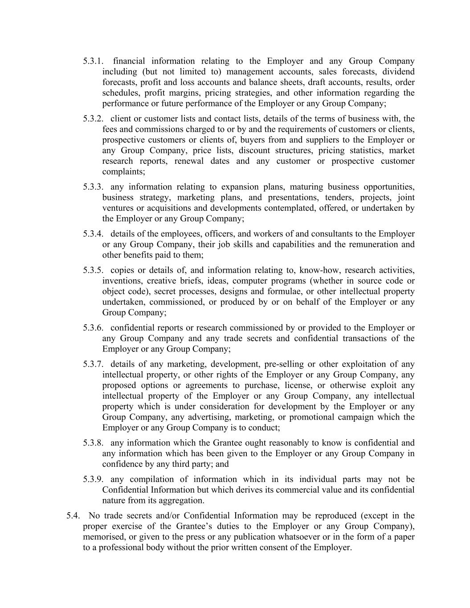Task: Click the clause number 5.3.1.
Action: tap(93, 61)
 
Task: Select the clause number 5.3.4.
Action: tap(93, 234)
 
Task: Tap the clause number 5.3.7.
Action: tap(93, 364)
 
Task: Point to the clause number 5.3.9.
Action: tap(93, 479)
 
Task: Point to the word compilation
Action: tap(151, 479)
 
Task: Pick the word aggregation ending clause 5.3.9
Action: tap(181, 501)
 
